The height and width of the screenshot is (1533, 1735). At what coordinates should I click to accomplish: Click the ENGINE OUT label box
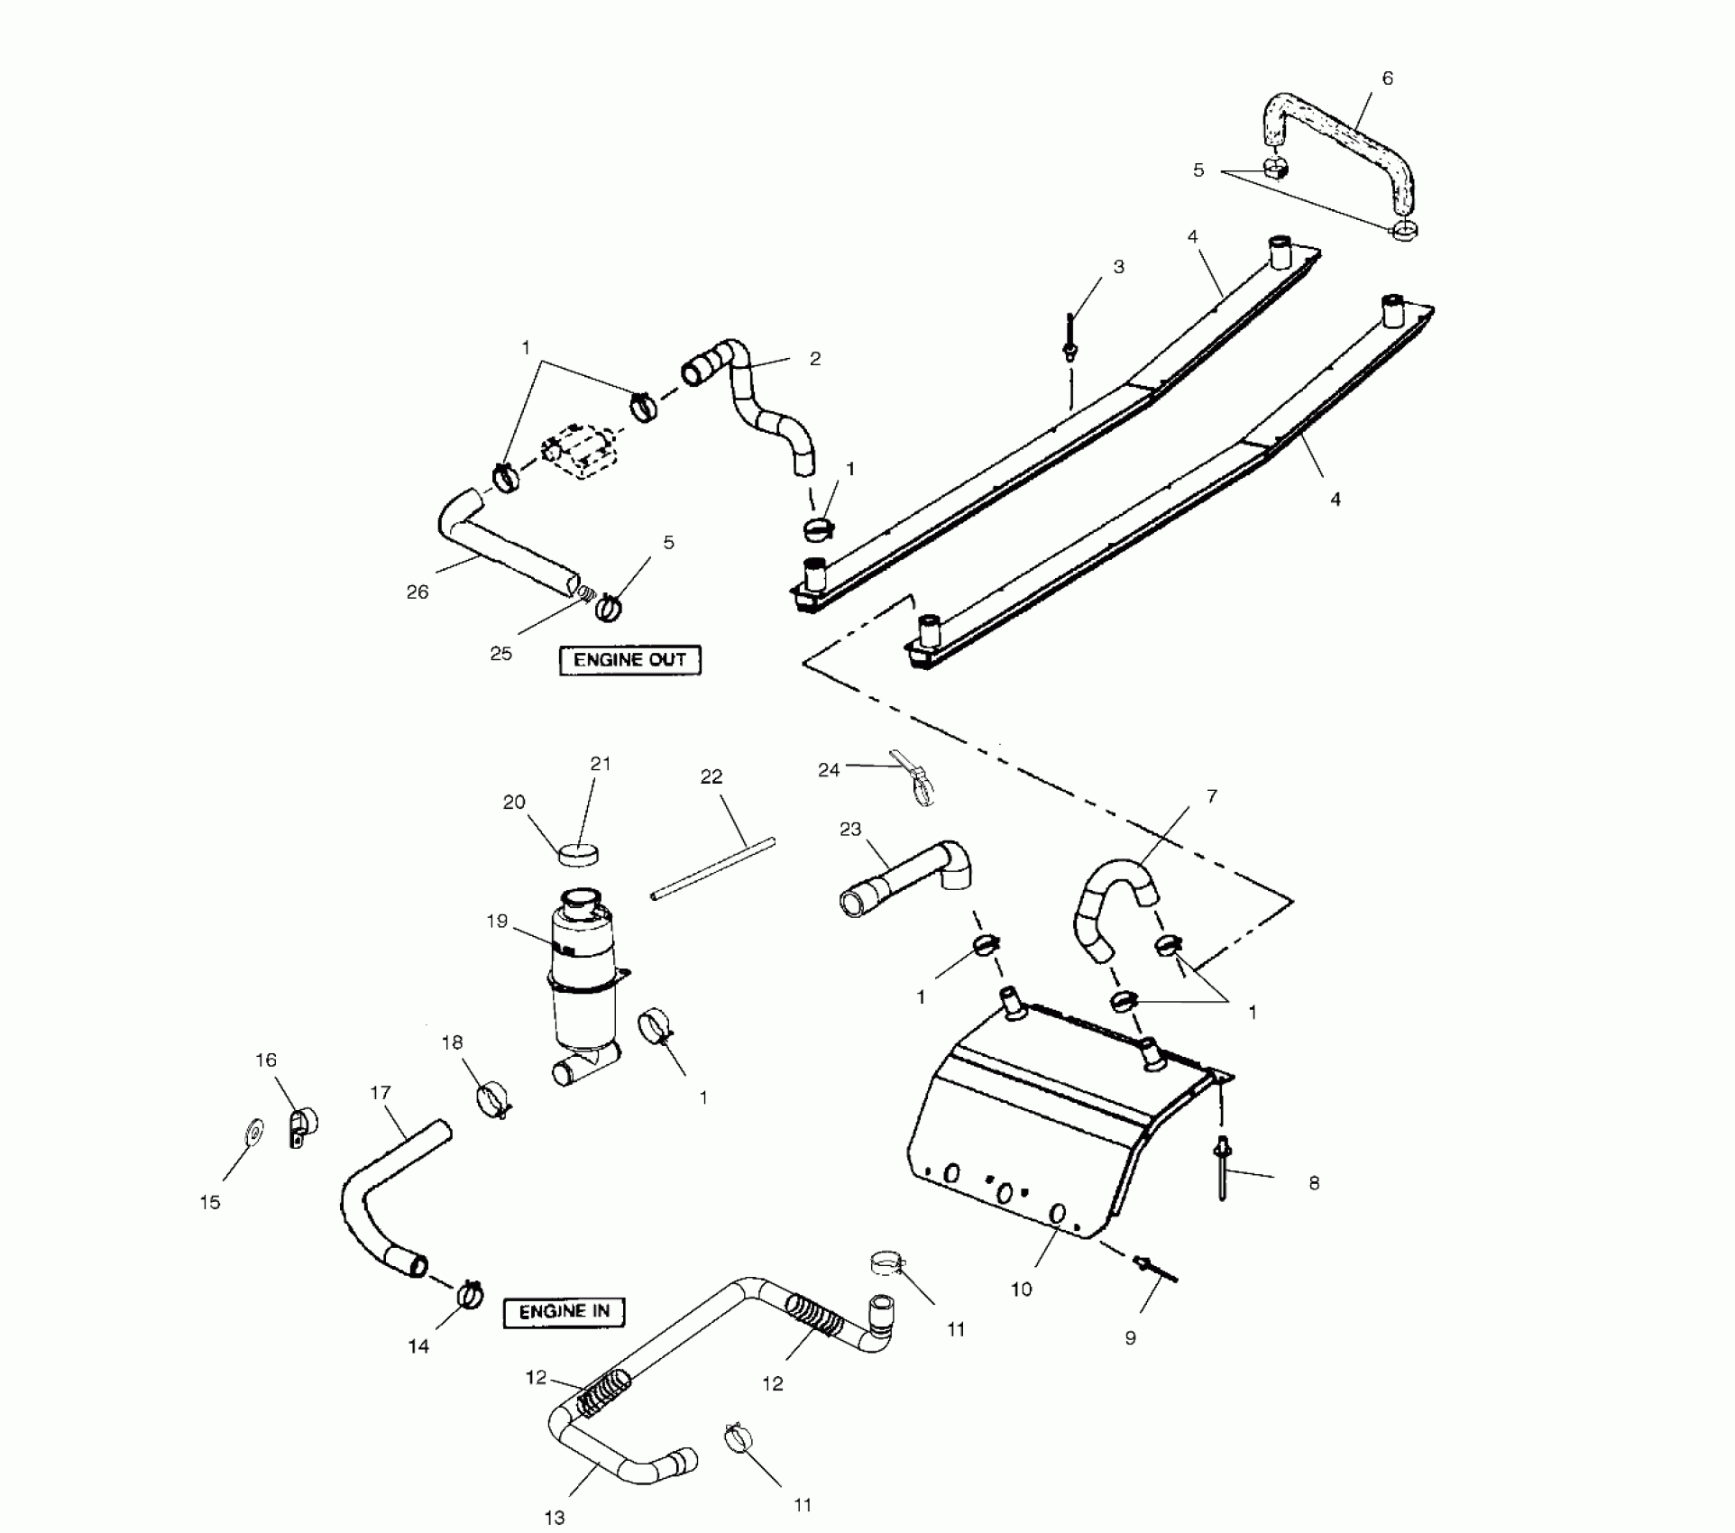(629, 660)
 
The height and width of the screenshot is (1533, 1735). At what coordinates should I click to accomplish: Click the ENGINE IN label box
(564, 1312)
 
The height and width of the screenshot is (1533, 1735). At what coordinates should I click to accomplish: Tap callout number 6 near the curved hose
(1387, 78)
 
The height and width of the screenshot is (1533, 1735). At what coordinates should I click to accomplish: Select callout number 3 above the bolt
(1118, 267)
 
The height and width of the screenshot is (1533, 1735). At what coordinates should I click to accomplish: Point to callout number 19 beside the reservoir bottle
(497, 921)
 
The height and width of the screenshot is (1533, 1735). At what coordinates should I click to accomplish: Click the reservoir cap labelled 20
(580, 852)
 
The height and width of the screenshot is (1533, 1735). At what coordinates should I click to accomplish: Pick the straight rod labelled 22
(712, 867)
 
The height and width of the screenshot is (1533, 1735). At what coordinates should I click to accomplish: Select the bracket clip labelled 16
(302, 1125)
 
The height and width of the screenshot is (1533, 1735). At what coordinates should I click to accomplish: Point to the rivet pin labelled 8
(1223, 1170)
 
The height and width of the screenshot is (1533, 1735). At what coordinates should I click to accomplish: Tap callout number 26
(417, 592)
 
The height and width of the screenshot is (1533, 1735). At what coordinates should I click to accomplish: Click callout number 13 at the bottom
(554, 1518)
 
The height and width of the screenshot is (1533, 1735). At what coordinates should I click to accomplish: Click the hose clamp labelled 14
(470, 1296)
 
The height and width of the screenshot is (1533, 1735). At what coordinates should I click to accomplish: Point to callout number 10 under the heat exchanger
(1021, 1290)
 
